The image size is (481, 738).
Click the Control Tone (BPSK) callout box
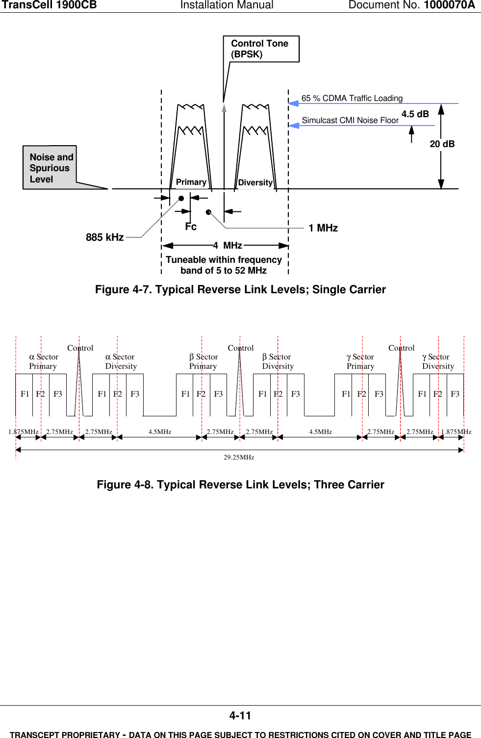point(260,49)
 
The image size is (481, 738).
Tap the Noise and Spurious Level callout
point(51,168)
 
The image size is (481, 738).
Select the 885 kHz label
point(104,237)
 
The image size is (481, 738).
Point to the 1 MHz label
point(323,228)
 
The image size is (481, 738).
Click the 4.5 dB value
point(415,114)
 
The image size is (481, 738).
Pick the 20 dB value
point(442,144)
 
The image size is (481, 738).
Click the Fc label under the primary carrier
point(191,227)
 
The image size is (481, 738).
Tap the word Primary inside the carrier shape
point(191,182)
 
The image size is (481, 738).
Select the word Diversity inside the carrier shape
point(255,183)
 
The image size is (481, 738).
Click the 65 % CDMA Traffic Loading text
point(352,99)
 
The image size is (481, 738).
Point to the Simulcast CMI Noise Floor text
point(350,121)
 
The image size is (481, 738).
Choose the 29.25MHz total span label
point(239,458)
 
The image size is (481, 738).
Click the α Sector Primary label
point(43,361)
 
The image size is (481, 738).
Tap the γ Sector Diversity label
point(438,361)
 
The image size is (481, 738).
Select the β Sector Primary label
point(203,361)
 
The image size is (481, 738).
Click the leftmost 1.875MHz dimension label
point(23,432)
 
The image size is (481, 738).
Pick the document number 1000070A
point(449,5)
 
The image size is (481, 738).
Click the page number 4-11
point(240,716)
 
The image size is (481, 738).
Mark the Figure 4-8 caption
point(240,485)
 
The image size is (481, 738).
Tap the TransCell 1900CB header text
point(49,5)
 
